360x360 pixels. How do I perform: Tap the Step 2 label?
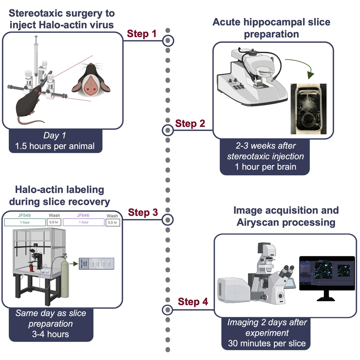coord(190,124)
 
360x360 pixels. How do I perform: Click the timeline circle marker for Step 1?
coord(167,40)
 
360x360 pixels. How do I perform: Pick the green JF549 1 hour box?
coord(25,222)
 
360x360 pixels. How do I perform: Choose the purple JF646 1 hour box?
coord(83,222)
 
